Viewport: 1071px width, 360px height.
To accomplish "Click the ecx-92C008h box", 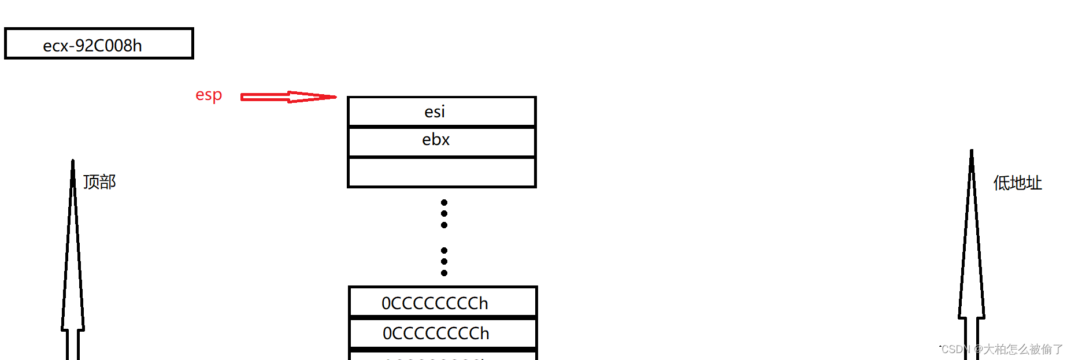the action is pyautogui.click(x=99, y=44).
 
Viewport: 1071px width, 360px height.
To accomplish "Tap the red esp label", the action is pyautogui.click(x=209, y=95).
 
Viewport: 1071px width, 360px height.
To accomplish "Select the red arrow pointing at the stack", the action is pyautogui.click(x=288, y=97).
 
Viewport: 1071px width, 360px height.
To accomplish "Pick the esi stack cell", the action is pyautogui.click(x=442, y=112).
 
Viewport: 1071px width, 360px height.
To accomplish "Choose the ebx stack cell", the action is pyautogui.click(x=442, y=141).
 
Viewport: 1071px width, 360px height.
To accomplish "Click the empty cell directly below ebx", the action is pyautogui.click(x=442, y=172).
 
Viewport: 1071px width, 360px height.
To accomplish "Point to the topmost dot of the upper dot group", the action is pyautogui.click(x=444, y=203).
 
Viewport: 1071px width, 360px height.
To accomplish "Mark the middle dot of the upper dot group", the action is pyautogui.click(x=444, y=214).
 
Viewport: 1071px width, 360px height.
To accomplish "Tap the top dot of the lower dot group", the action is pyautogui.click(x=444, y=251).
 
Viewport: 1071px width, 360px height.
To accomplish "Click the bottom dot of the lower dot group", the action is pyautogui.click(x=444, y=273).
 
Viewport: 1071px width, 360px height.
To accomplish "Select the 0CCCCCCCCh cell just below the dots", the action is pyautogui.click(x=443, y=302).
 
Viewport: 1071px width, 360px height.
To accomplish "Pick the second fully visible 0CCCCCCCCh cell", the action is pyautogui.click(x=443, y=333).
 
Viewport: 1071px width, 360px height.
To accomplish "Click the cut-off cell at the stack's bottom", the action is pyautogui.click(x=443, y=356).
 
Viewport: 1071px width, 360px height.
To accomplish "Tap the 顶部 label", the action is pyautogui.click(x=99, y=182).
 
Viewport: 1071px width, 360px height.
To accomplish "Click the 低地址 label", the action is pyautogui.click(x=1017, y=183).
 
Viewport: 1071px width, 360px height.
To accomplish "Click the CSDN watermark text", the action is pyautogui.click(x=1002, y=349).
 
